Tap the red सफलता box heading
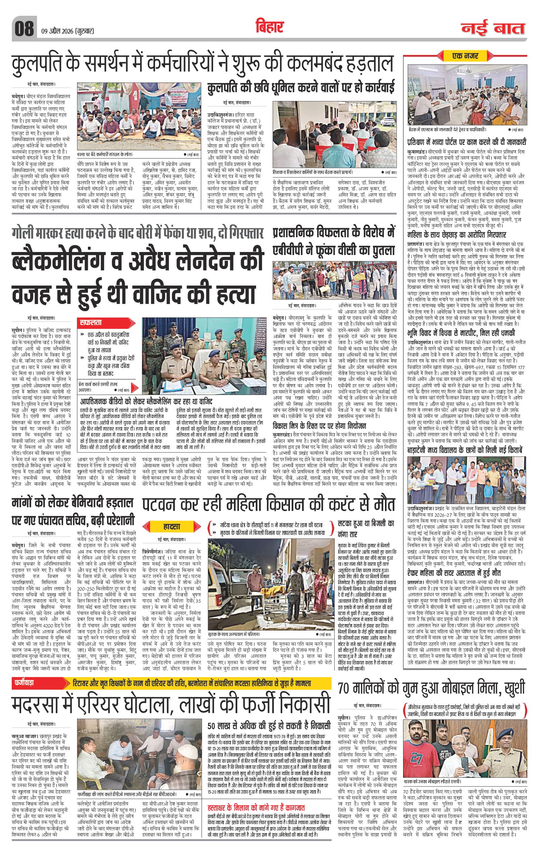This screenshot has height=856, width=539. [x=92, y=323]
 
